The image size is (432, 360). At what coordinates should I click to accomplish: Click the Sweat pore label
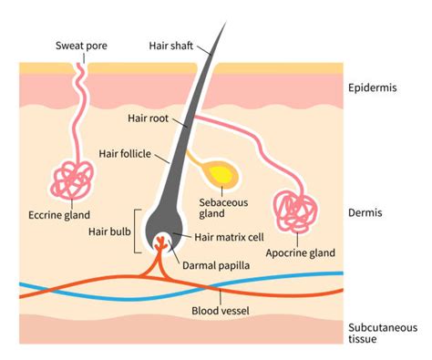click(81, 46)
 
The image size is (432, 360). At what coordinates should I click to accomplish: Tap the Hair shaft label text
click(171, 46)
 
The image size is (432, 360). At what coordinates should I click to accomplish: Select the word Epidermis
click(373, 87)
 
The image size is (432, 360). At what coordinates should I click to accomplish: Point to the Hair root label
click(148, 118)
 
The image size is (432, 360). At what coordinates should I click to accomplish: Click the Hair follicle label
click(125, 154)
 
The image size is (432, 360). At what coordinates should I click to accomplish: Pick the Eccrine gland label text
click(59, 215)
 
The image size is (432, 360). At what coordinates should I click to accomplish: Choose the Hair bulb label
click(109, 231)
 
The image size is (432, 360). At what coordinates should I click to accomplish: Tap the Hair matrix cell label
click(229, 237)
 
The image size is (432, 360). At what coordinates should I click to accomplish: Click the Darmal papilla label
click(216, 265)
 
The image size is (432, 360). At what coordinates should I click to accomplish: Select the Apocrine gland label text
click(301, 252)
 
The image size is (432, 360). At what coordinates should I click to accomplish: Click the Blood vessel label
click(221, 311)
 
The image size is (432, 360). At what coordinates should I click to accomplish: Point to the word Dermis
click(365, 212)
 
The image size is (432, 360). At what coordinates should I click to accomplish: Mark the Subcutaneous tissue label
click(383, 334)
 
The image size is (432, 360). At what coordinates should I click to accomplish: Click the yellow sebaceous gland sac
click(222, 175)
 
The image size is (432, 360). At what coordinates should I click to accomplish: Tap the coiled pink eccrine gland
click(73, 180)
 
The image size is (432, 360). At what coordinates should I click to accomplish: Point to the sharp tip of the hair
click(226, 22)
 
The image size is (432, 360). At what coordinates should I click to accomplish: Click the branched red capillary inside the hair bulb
click(160, 243)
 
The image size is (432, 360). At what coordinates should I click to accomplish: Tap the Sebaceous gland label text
click(223, 208)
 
